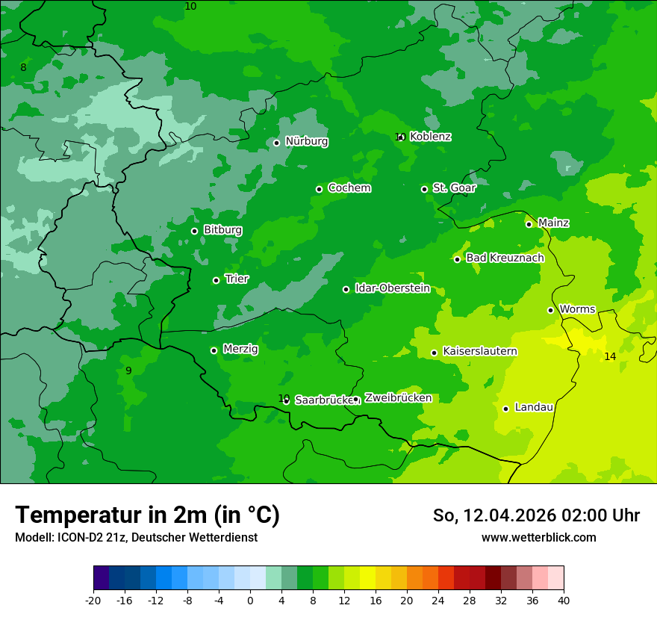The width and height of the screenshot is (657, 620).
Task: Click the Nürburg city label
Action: pyautogui.click(x=306, y=141)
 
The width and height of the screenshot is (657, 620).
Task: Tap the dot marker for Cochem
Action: pyautogui.click(x=319, y=189)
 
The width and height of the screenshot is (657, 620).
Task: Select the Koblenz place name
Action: pyautogui.click(x=430, y=137)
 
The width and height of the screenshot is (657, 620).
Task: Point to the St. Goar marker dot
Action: pyautogui.click(x=424, y=189)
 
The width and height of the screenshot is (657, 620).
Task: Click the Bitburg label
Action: pyautogui.click(x=222, y=230)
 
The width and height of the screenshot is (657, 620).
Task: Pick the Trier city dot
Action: pyautogui.click(x=216, y=280)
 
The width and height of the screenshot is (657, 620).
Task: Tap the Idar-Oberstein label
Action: pyautogui.click(x=392, y=288)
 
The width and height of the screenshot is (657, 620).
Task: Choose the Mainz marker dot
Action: pyautogui.click(x=529, y=224)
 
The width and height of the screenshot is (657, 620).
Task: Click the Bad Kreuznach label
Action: pyautogui.click(x=505, y=258)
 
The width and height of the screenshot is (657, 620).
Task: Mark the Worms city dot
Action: pyautogui.click(x=550, y=310)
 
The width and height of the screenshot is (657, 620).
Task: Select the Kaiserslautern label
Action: pyautogui.click(x=479, y=351)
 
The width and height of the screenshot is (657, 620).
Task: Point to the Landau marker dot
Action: pyautogui.click(x=505, y=409)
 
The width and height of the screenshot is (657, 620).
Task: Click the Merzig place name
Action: pyautogui.click(x=240, y=349)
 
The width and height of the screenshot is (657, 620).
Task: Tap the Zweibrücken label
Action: pyautogui.click(x=398, y=398)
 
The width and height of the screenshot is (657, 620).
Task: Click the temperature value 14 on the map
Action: pyautogui.click(x=610, y=356)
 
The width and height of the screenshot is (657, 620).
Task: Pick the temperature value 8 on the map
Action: pyautogui.click(x=23, y=68)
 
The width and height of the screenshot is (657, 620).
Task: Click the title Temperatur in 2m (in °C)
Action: pyautogui.click(x=147, y=515)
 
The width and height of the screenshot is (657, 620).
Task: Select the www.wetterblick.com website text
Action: pyautogui.click(x=538, y=537)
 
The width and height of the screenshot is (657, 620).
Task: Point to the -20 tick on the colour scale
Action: pyautogui.click(x=93, y=600)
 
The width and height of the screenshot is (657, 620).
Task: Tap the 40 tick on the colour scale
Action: pyautogui.click(x=563, y=600)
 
